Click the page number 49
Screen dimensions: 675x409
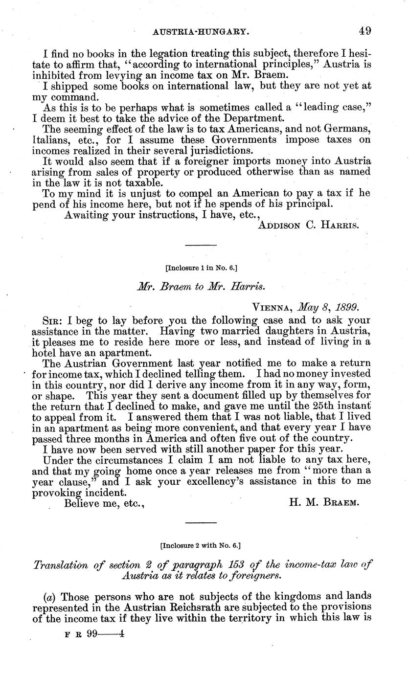[x=364, y=31]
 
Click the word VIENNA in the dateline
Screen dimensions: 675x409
[x=272, y=308]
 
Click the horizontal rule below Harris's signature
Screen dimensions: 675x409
[x=201, y=245]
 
